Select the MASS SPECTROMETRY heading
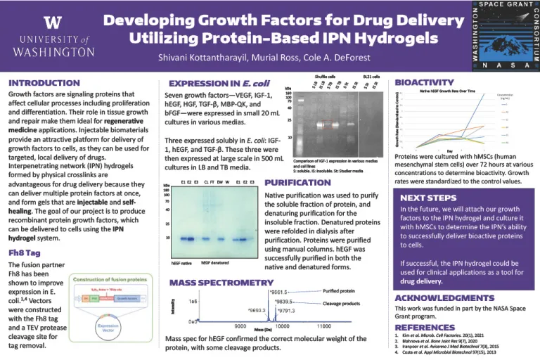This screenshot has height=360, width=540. click(221, 283)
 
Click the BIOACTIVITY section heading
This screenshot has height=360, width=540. click(424, 82)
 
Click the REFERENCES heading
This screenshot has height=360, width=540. click(425, 328)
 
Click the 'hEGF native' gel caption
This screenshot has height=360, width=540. click(182, 263)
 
